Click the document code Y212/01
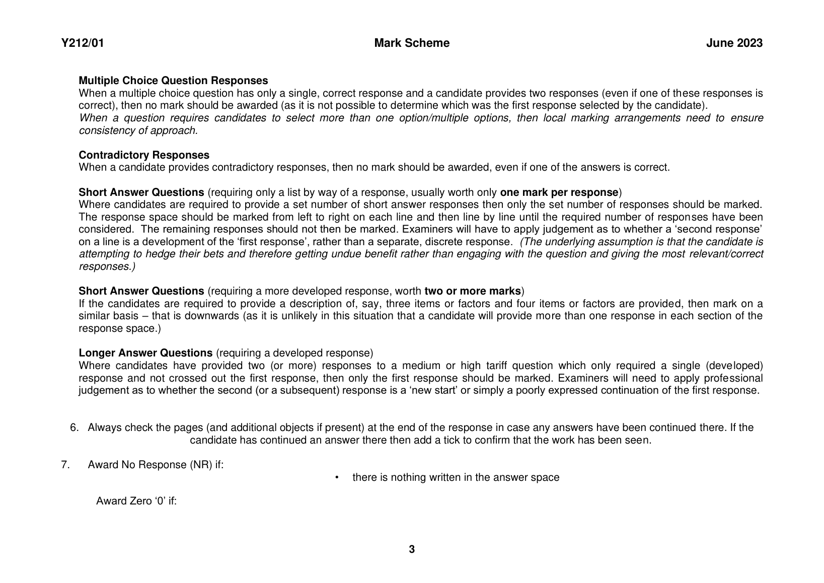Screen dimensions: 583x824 point(83,43)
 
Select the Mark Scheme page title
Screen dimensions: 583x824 point(412,43)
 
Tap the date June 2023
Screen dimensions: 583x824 point(734,43)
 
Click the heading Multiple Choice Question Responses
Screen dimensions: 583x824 point(173,81)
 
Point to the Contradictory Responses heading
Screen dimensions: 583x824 point(144,155)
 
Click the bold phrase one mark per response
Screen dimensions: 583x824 point(559,192)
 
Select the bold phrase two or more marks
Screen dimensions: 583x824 point(473,291)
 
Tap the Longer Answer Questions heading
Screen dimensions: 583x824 point(145,353)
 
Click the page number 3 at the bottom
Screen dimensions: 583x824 point(412,549)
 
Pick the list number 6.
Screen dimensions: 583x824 point(74,428)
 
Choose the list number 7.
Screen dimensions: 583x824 point(65,465)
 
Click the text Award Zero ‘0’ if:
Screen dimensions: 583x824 point(136,501)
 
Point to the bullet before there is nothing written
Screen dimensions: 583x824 point(337,477)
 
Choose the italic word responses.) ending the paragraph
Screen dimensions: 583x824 point(107,266)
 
